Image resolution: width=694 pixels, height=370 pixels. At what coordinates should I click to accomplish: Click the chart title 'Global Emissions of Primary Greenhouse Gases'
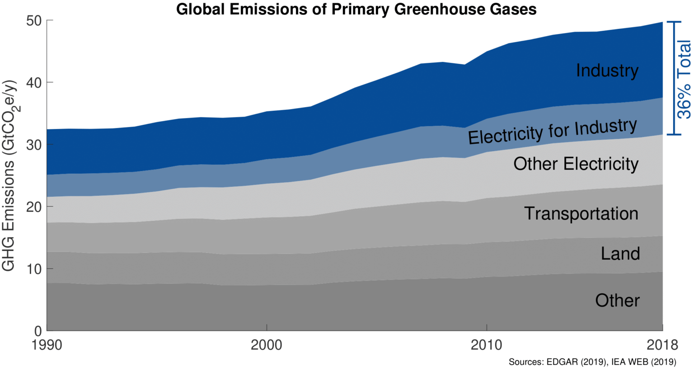coord(356,9)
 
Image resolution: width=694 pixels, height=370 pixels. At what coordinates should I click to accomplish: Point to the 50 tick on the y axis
coord(37,21)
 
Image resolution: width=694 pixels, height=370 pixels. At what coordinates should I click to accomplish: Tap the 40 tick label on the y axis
coord(37,83)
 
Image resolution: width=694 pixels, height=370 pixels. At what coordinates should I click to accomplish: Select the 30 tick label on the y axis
coord(37,145)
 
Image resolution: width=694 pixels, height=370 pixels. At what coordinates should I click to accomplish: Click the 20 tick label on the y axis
coord(37,207)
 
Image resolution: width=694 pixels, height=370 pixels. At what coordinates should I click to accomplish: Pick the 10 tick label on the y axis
coord(37,269)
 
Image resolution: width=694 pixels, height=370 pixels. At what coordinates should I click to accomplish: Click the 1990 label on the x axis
coord(47,345)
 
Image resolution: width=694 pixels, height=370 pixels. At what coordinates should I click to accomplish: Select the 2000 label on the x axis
coord(267,345)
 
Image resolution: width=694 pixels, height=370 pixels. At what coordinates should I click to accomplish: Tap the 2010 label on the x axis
coord(487,345)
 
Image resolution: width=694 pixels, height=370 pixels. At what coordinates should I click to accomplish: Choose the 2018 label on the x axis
coord(662,345)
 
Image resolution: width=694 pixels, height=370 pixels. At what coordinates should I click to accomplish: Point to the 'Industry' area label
coord(607,71)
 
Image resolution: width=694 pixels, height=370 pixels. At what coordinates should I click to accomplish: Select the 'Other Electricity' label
coord(576,164)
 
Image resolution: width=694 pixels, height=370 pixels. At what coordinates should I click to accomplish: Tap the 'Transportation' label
coord(581,213)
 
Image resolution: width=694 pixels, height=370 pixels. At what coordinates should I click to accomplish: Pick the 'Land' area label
coord(620,253)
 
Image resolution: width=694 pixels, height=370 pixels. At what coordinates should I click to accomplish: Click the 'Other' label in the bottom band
coord(617,300)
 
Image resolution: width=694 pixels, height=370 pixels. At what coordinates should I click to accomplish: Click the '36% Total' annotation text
coord(685,79)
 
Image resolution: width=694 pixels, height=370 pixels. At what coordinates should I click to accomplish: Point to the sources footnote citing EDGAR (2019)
coord(592,362)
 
